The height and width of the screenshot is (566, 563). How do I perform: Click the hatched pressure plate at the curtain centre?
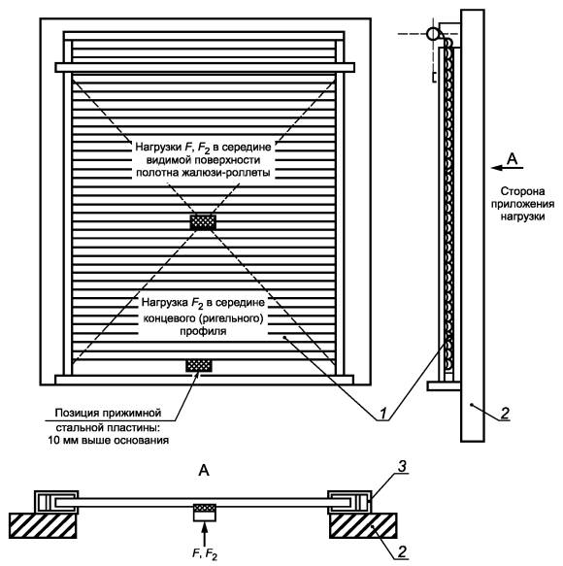coord(203,222)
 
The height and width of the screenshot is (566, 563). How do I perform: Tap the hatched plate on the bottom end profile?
coord(199,365)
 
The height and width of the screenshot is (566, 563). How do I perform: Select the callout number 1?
coord(382,413)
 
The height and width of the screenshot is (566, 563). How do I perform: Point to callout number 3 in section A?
coord(402,466)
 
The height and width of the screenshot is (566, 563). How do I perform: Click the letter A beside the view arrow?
coord(513,159)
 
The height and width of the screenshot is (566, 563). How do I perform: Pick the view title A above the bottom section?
coord(204,471)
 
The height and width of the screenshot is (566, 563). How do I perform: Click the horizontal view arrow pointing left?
coord(507,168)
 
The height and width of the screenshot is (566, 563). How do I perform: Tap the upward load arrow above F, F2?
coord(204,534)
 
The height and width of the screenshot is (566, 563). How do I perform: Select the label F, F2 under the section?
coord(205,554)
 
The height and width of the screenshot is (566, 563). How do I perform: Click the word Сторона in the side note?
coord(522,191)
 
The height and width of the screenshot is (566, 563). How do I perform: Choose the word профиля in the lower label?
coord(203,331)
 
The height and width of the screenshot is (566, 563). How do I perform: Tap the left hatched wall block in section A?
coord(43,525)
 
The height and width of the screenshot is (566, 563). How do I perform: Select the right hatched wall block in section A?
coord(363,525)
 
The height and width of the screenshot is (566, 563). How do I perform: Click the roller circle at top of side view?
coord(433,34)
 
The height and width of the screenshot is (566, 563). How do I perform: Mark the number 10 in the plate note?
coord(53,441)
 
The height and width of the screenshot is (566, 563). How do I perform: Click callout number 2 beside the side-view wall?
coord(505,413)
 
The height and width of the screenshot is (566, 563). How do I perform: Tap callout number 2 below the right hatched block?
coord(402,550)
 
